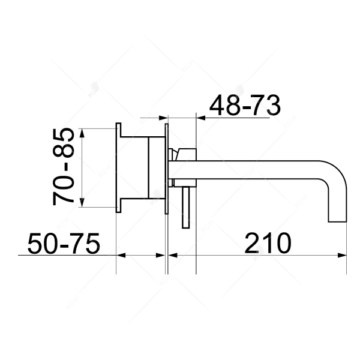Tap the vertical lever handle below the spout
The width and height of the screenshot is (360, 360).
click(x=186, y=207)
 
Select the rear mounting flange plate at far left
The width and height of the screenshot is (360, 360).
click(x=119, y=167)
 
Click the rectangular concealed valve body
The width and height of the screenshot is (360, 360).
click(x=143, y=167)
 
